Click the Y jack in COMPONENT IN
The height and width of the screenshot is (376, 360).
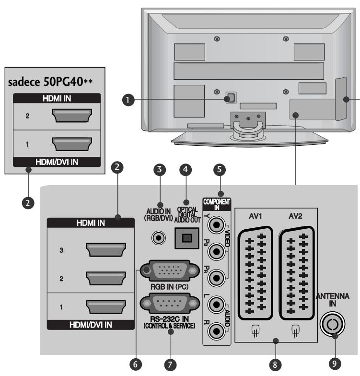click(x=220, y=223)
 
